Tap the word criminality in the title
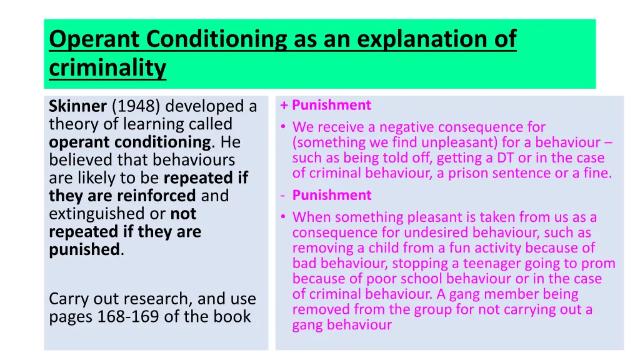point(107,68)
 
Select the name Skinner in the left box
point(77,107)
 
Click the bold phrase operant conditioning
point(130,142)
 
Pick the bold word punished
point(84,250)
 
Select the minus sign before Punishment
point(283,196)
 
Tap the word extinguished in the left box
point(97,214)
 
